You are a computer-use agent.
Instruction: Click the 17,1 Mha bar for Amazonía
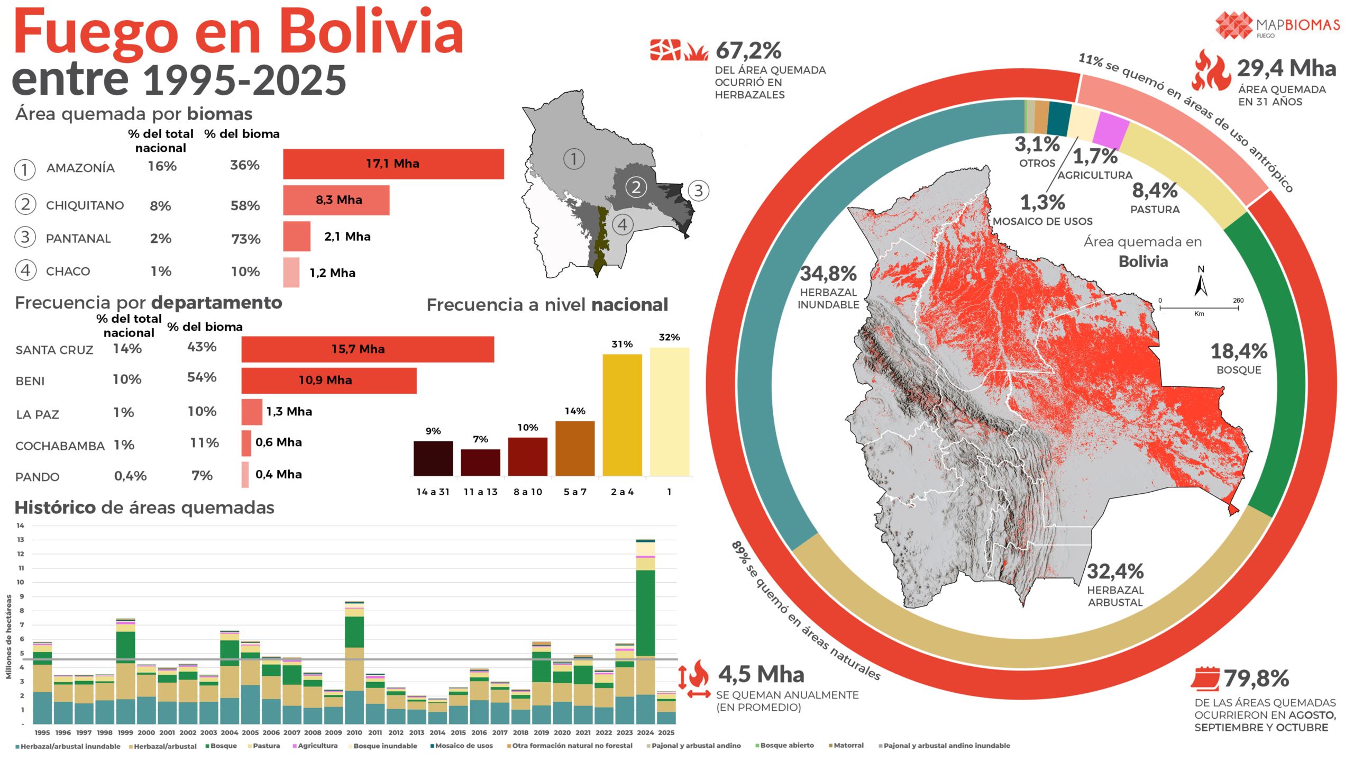(x=393, y=164)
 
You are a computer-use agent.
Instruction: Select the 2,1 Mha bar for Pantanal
(x=297, y=236)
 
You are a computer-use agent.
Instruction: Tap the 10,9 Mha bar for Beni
(x=329, y=380)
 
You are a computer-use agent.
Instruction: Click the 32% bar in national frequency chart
(x=670, y=412)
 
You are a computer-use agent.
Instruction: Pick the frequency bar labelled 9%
(x=433, y=458)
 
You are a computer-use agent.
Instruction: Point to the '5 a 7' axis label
(x=575, y=492)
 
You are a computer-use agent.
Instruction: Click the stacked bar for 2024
(x=645, y=632)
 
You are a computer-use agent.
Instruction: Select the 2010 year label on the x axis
(x=354, y=732)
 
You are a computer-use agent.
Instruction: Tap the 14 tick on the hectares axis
(x=21, y=526)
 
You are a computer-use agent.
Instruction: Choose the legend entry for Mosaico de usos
(x=462, y=746)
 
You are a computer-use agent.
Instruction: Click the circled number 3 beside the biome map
(x=699, y=191)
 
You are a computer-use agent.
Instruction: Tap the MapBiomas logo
(x=1277, y=25)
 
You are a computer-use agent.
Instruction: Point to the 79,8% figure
(x=1256, y=678)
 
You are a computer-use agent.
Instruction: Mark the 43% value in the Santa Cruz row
(x=202, y=347)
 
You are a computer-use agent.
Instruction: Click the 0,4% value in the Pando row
(x=131, y=476)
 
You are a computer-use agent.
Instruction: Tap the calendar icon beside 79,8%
(x=1206, y=678)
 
